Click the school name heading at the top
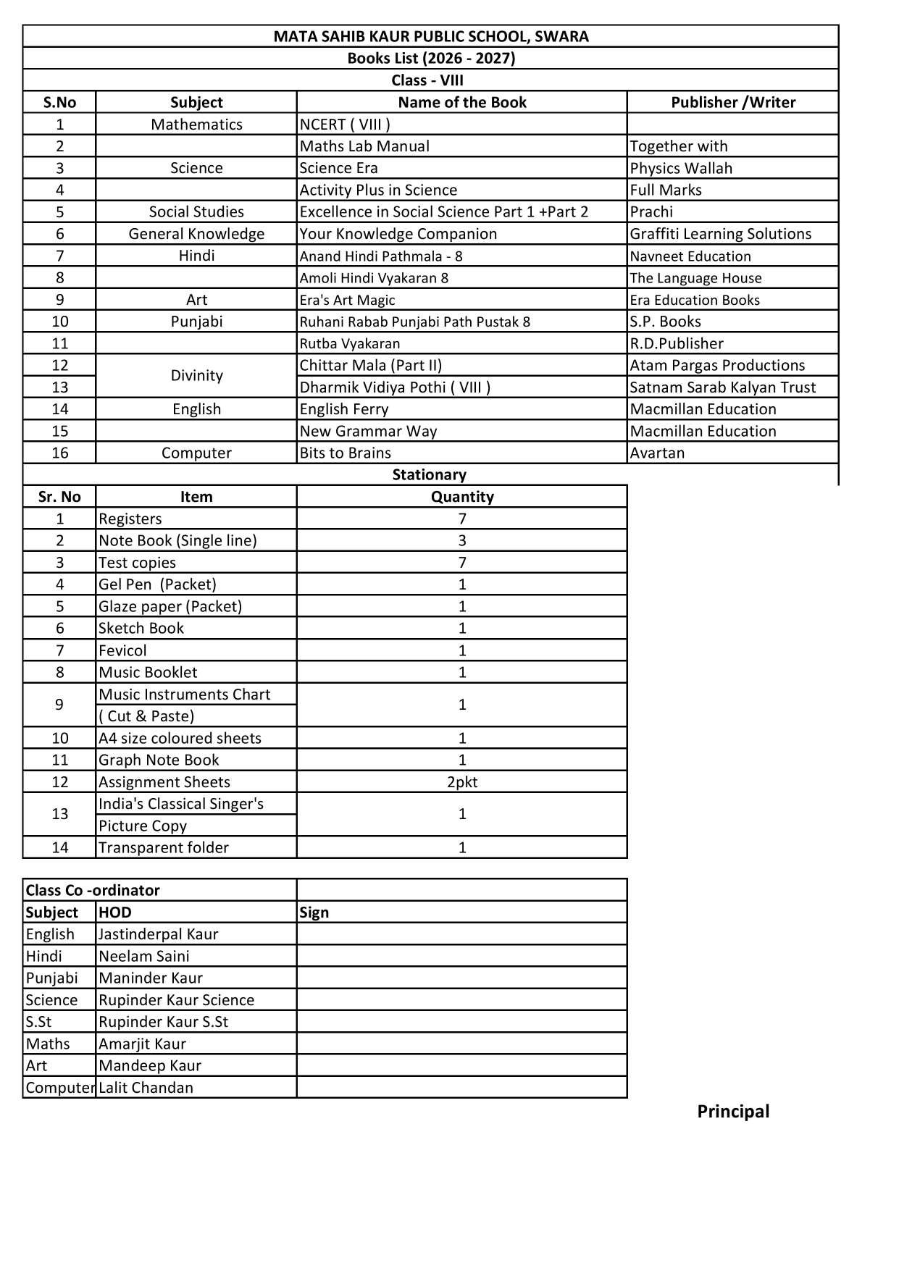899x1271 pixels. (430, 36)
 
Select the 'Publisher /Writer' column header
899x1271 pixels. (732, 102)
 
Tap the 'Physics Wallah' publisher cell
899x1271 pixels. (681, 168)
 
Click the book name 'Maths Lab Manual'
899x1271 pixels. (364, 146)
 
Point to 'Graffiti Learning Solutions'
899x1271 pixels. (720, 234)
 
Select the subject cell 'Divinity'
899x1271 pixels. (196, 376)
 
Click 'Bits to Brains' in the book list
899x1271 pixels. (346, 453)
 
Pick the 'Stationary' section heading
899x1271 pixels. (429, 474)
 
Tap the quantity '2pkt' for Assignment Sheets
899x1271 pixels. (462, 782)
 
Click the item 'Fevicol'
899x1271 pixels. (122, 650)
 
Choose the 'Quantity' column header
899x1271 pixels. (462, 497)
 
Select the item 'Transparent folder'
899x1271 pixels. (164, 847)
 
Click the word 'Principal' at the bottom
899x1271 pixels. (732, 1111)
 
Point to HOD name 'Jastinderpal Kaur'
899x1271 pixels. (158, 934)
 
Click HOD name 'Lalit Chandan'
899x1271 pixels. (146, 1087)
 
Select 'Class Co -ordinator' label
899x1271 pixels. (93, 890)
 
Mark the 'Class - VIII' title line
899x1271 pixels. (427, 80)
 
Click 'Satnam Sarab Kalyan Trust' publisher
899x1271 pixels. (722, 387)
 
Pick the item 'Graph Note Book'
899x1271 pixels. (159, 760)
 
